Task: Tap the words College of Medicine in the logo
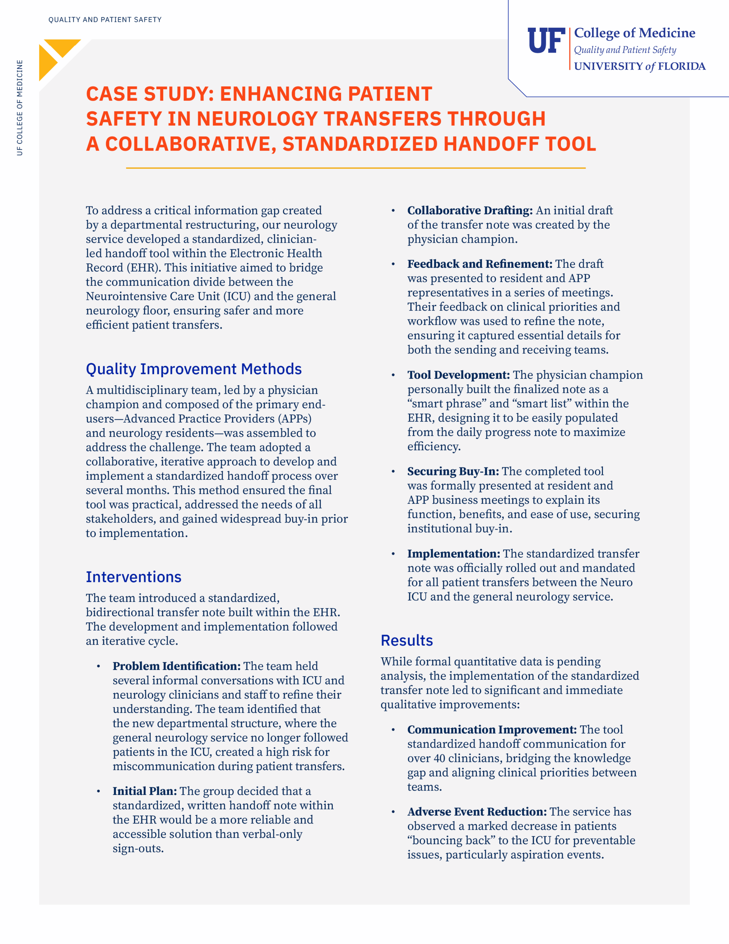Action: pyautogui.click(x=634, y=33)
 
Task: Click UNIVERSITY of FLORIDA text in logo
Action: pyautogui.click(x=639, y=66)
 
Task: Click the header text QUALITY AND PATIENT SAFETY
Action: pyautogui.click(x=105, y=20)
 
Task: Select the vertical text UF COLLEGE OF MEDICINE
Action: pyautogui.click(x=20, y=108)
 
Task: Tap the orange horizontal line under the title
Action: pyautogui.click(x=355, y=168)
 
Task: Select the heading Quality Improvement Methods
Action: pyautogui.click(x=193, y=369)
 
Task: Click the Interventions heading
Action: pyautogui.click(x=133, y=577)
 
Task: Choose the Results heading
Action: pyautogui.click(x=407, y=640)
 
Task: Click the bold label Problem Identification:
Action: pyautogui.click(x=176, y=666)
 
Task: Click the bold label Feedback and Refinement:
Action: pyautogui.click(x=479, y=264)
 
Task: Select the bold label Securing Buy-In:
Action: pyautogui.click(x=453, y=471)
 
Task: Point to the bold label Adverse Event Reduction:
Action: pyautogui.click(x=477, y=811)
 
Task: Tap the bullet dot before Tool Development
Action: pyautogui.click(x=393, y=375)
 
